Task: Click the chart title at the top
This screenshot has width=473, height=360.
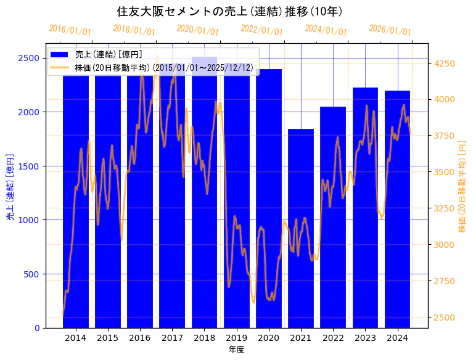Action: click(229, 11)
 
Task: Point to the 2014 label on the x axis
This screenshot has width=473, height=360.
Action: click(76, 338)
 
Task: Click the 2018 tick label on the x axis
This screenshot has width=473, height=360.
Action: click(204, 338)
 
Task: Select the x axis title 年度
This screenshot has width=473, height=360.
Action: click(236, 350)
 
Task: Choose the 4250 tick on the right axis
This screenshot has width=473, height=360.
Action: click(445, 63)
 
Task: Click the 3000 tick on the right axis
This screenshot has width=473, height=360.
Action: click(445, 245)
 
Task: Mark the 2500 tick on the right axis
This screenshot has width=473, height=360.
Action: click(445, 317)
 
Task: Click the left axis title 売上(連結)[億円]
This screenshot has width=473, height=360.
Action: click(9, 187)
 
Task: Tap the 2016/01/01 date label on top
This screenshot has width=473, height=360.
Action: click(70, 30)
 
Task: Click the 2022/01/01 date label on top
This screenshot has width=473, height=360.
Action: click(261, 30)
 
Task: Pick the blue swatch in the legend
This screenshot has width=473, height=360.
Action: click(60, 54)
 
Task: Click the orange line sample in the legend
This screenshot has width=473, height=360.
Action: click(60, 67)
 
